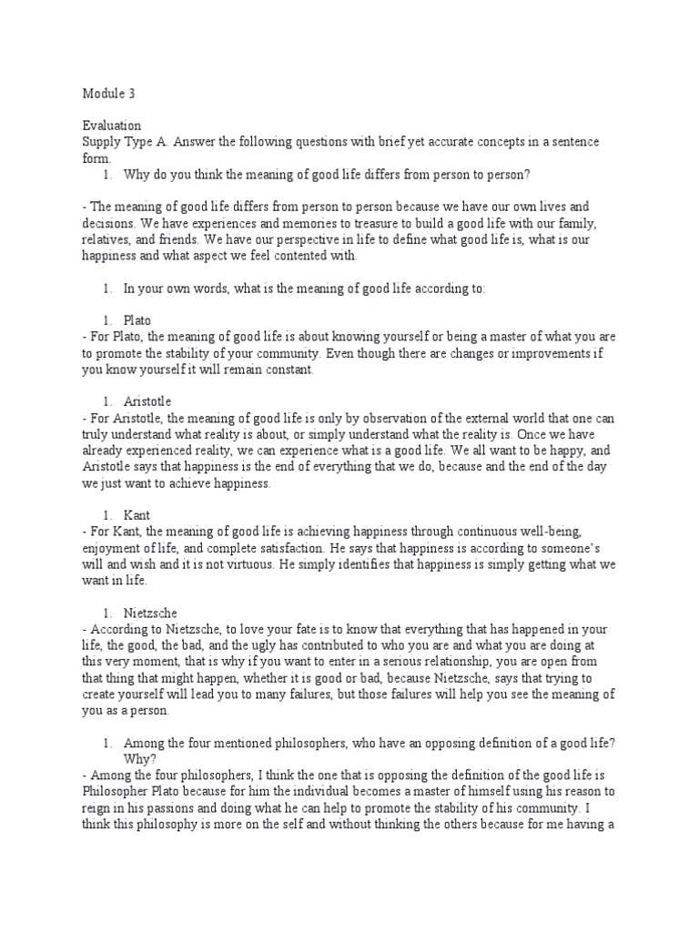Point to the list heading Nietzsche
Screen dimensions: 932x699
tap(155, 612)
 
